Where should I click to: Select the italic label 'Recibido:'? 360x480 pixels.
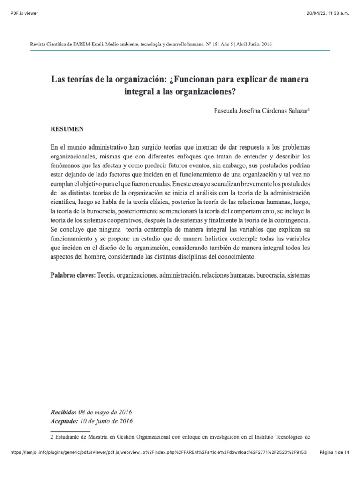[63, 412]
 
